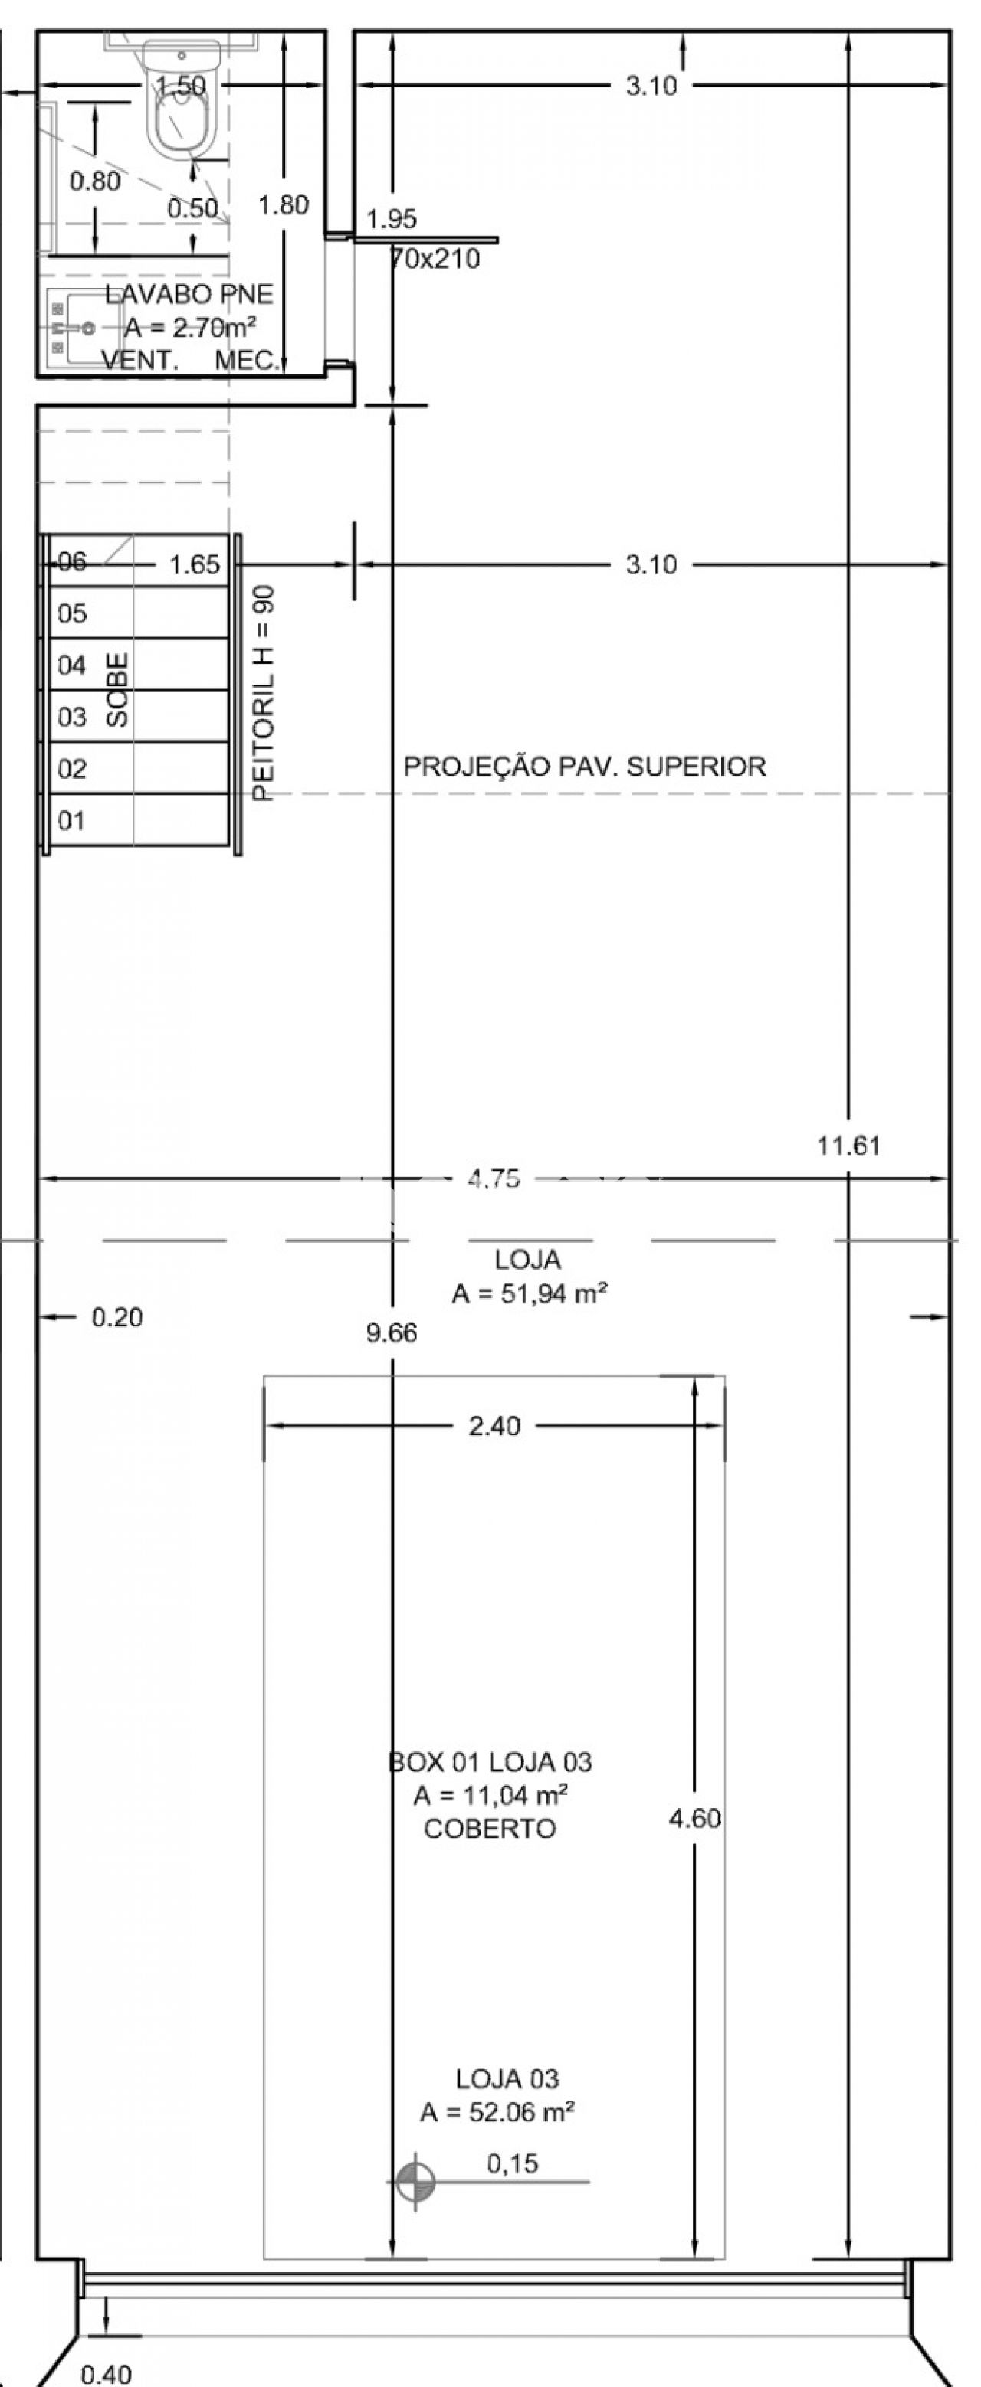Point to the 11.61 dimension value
pos(848,1146)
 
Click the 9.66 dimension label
pos(392,1332)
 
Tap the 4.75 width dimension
pos(494,1179)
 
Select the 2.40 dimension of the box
pos(494,1425)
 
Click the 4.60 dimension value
pos(694,1819)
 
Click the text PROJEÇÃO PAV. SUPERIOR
pos(584,767)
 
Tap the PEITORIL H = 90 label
pos(264,692)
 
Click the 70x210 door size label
pos(435,259)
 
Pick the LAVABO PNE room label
pos(189,294)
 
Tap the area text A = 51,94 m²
pos(530,1293)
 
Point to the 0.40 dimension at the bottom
pos(107,2374)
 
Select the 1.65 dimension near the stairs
pos(195,564)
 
